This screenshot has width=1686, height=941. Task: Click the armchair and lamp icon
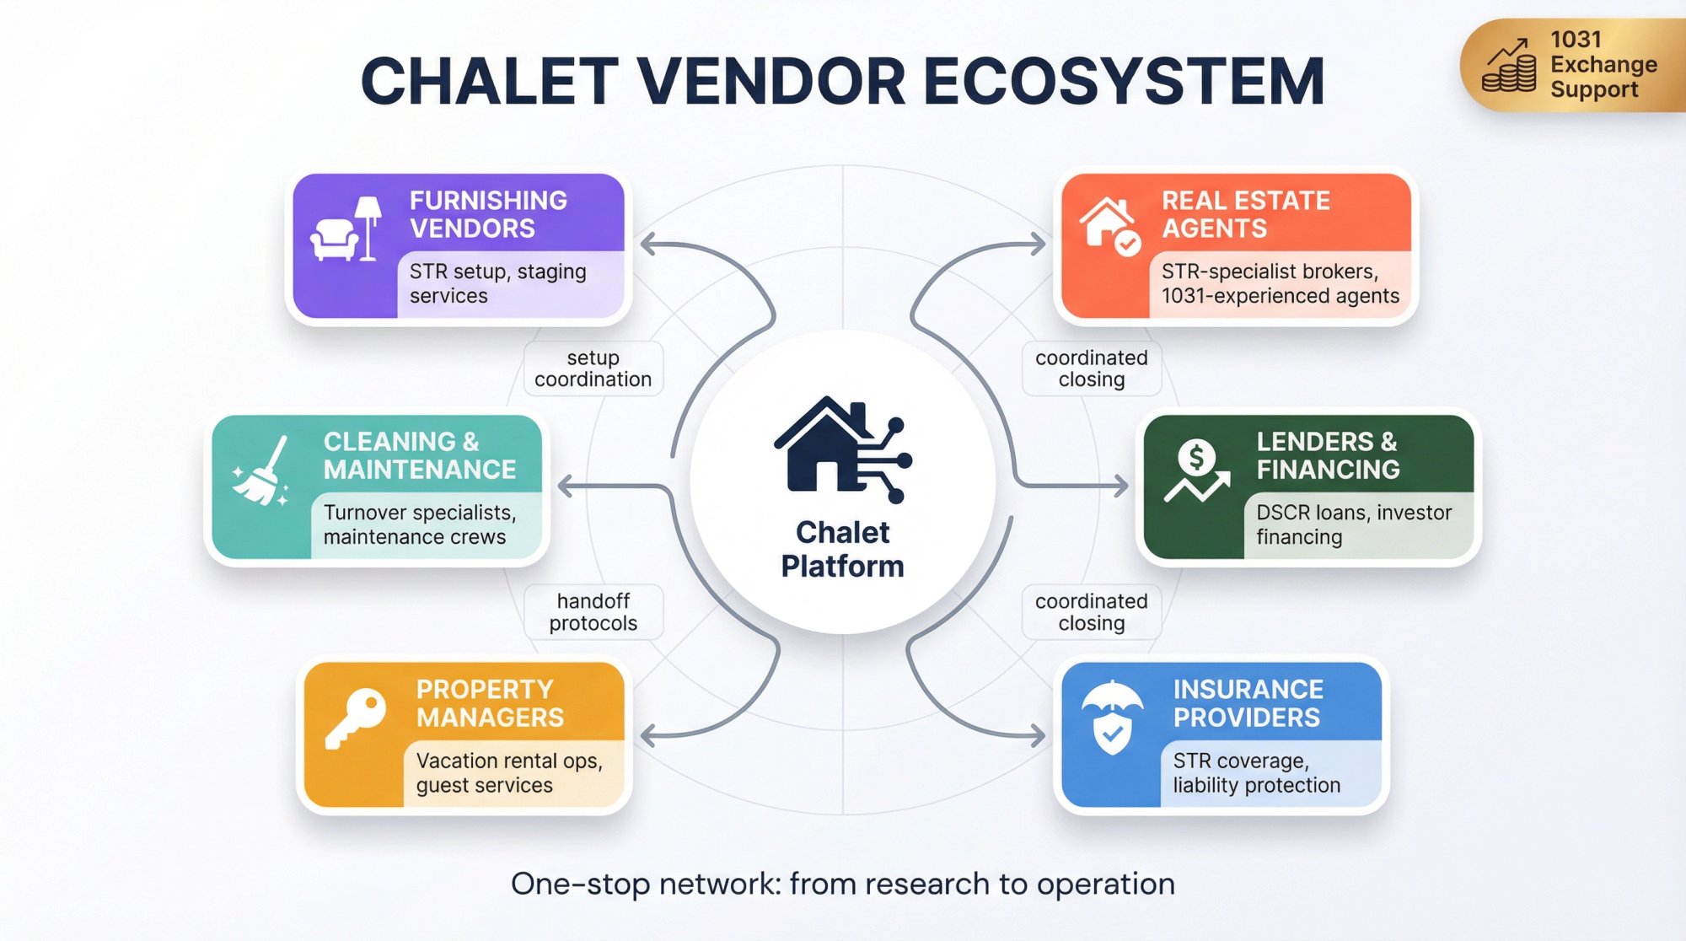coord(346,230)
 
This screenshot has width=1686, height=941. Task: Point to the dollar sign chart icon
coord(1196,472)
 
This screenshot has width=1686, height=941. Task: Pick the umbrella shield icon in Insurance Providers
coord(1112,718)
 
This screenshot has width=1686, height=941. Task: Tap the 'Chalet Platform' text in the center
coord(842,549)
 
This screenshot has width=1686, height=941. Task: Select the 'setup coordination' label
coord(593,368)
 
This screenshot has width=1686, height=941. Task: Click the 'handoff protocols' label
coord(593,612)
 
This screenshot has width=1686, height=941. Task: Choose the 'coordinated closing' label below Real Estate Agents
coord(1091,368)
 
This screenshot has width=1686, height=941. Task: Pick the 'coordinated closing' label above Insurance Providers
coord(1091,612)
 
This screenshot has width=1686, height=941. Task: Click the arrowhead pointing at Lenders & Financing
coord(1120,486)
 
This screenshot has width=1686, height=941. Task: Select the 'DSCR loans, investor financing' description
coord(1353,524)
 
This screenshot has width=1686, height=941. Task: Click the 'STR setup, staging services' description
coord(497,283)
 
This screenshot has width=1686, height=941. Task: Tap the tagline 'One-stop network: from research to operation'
coord(842,884)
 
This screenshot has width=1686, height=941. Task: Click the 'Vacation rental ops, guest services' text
coord(508,772)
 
